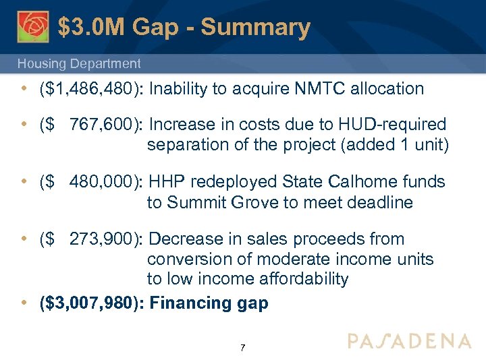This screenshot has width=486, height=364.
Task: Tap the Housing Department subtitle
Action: (x=79, y=64)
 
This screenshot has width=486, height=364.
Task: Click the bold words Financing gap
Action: (x=209, y=303)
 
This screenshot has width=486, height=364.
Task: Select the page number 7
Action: (x=243, y=348)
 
